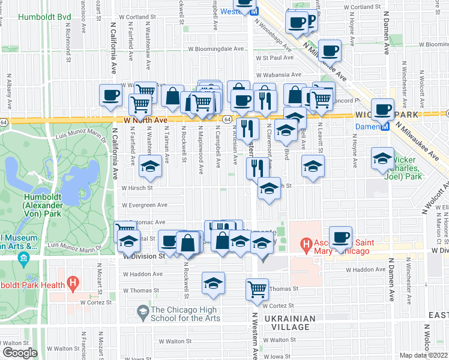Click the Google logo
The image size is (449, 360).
19,353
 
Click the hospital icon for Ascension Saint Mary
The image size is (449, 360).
306,244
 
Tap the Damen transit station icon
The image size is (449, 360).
385,126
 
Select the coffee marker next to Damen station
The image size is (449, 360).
382,110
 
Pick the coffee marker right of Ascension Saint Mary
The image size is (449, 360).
340,237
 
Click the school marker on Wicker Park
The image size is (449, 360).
382,158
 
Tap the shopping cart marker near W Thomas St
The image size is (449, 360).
257,289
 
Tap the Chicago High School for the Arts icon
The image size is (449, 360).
142,310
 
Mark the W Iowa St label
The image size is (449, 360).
142,356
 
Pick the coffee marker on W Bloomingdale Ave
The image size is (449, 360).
330,50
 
